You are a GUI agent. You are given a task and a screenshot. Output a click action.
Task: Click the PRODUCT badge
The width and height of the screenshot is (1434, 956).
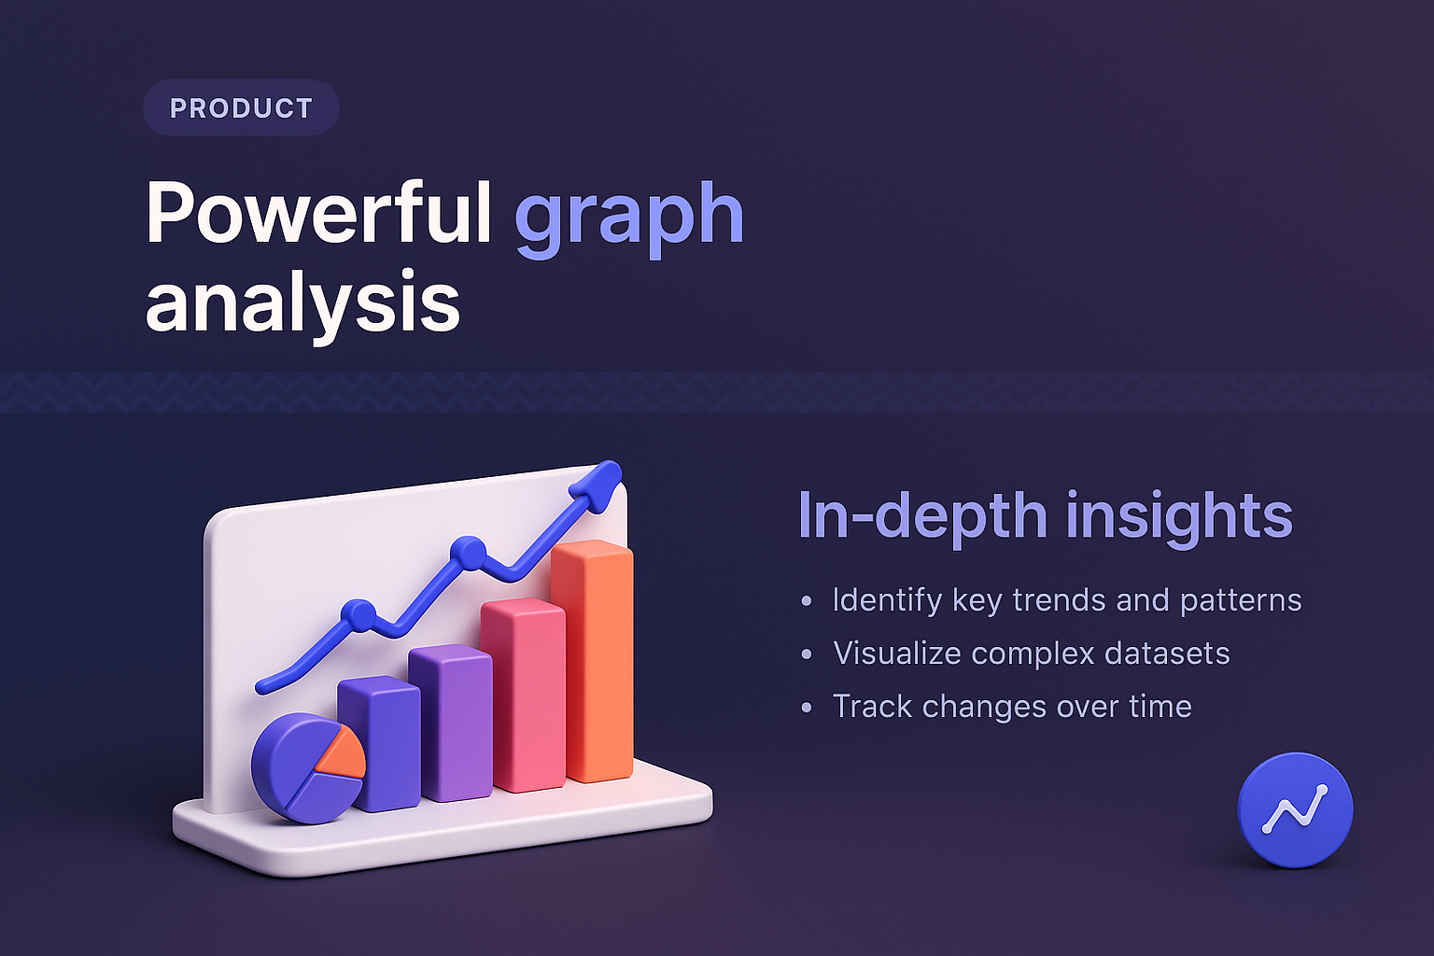tap(241, 108)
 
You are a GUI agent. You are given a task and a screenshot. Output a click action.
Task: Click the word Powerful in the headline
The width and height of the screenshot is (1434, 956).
tap(318, 214)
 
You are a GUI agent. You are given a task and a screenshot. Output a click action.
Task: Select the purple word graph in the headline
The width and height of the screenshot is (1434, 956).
tap(628, 217)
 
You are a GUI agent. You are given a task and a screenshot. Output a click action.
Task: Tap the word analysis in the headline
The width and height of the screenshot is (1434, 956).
tap(302, 302)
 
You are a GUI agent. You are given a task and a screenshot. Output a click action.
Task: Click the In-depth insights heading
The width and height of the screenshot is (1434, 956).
tap(1044, 515)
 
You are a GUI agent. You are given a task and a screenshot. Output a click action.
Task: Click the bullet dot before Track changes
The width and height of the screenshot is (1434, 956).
tap(807, 708)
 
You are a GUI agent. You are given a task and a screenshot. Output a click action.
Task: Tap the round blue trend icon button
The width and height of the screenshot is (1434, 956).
tap(1295, 810)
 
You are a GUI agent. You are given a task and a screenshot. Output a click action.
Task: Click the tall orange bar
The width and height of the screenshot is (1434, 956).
tap(594, 663)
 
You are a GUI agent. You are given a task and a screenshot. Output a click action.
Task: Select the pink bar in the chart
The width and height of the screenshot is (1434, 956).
tap(525, 696)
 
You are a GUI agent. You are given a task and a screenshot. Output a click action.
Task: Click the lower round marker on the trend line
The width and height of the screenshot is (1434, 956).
tap(358, 615)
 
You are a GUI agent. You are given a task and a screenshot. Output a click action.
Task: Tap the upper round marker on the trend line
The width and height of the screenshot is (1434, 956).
tap(468, 553)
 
